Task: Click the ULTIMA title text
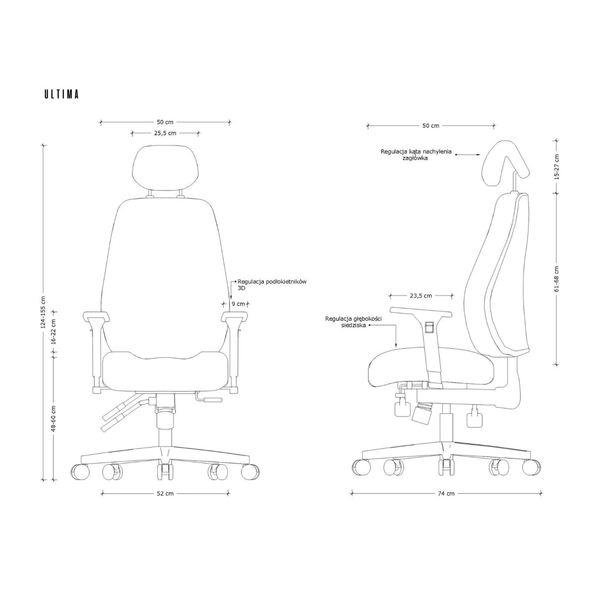click(x=61, y=94)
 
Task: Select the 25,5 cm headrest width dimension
click(x=165, y=133)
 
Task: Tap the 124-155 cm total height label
click(x=43, y=312)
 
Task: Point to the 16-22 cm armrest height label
click(x=54, y=332)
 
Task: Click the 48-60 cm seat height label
click(x=54, y=418)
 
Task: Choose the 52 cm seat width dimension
click(x=165, y=493)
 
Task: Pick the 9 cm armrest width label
click(x=238, y=304)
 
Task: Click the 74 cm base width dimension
click(x=446, y=493)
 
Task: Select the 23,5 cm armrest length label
click(x=421, y=296)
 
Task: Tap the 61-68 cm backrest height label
click(x=556, y=279)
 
